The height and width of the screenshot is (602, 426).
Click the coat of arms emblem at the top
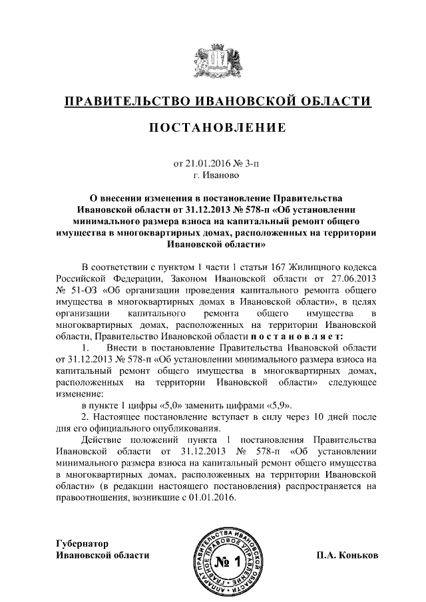coord(213,61)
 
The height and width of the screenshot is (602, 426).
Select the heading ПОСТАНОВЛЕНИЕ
coord(213,128)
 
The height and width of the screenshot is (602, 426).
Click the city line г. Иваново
coord(213,176)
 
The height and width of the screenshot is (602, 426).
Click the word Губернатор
coord(82,543)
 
